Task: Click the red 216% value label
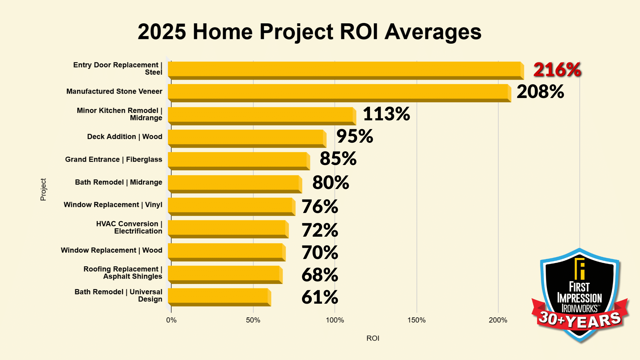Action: (x=557, y=70)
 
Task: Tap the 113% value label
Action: (x=386, y=114)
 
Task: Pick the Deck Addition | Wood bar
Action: (x=246, y=138)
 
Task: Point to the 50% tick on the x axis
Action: (x=253, y=320)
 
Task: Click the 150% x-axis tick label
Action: (x=416, y=320)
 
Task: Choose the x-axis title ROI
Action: (x=373, y=338)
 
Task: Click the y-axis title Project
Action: (x=43, y=189)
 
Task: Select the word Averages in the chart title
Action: (x=433, y=32)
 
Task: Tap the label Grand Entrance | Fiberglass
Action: (x=114, y=160)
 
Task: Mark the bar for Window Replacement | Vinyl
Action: (x=231, y=206)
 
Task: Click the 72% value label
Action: (x=320, y=230)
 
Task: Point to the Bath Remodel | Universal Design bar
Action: (x=218, y=296)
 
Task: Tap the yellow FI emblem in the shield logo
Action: (x=580, y=269)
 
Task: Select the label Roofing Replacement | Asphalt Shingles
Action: (x=123, y=273)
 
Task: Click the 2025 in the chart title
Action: (x=162, y=32)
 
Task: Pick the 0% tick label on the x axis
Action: (x=171, y=320)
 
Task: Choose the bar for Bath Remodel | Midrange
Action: (x=234, y=183)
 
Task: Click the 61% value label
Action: (x=320, y=297)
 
